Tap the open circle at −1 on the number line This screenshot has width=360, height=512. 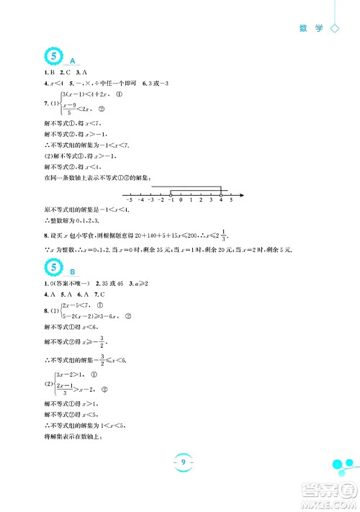(170, 194)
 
